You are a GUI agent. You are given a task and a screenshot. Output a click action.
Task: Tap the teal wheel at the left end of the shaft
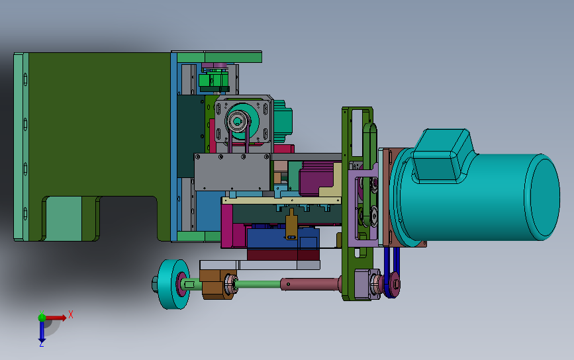click(x=173, y=285)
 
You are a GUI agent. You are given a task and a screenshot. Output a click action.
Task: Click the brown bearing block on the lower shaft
click(x=216, y=285)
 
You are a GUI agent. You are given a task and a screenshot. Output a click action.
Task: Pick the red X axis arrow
click(x=56, y=318)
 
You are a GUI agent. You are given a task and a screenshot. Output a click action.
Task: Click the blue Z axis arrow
click(x=42, y=332)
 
